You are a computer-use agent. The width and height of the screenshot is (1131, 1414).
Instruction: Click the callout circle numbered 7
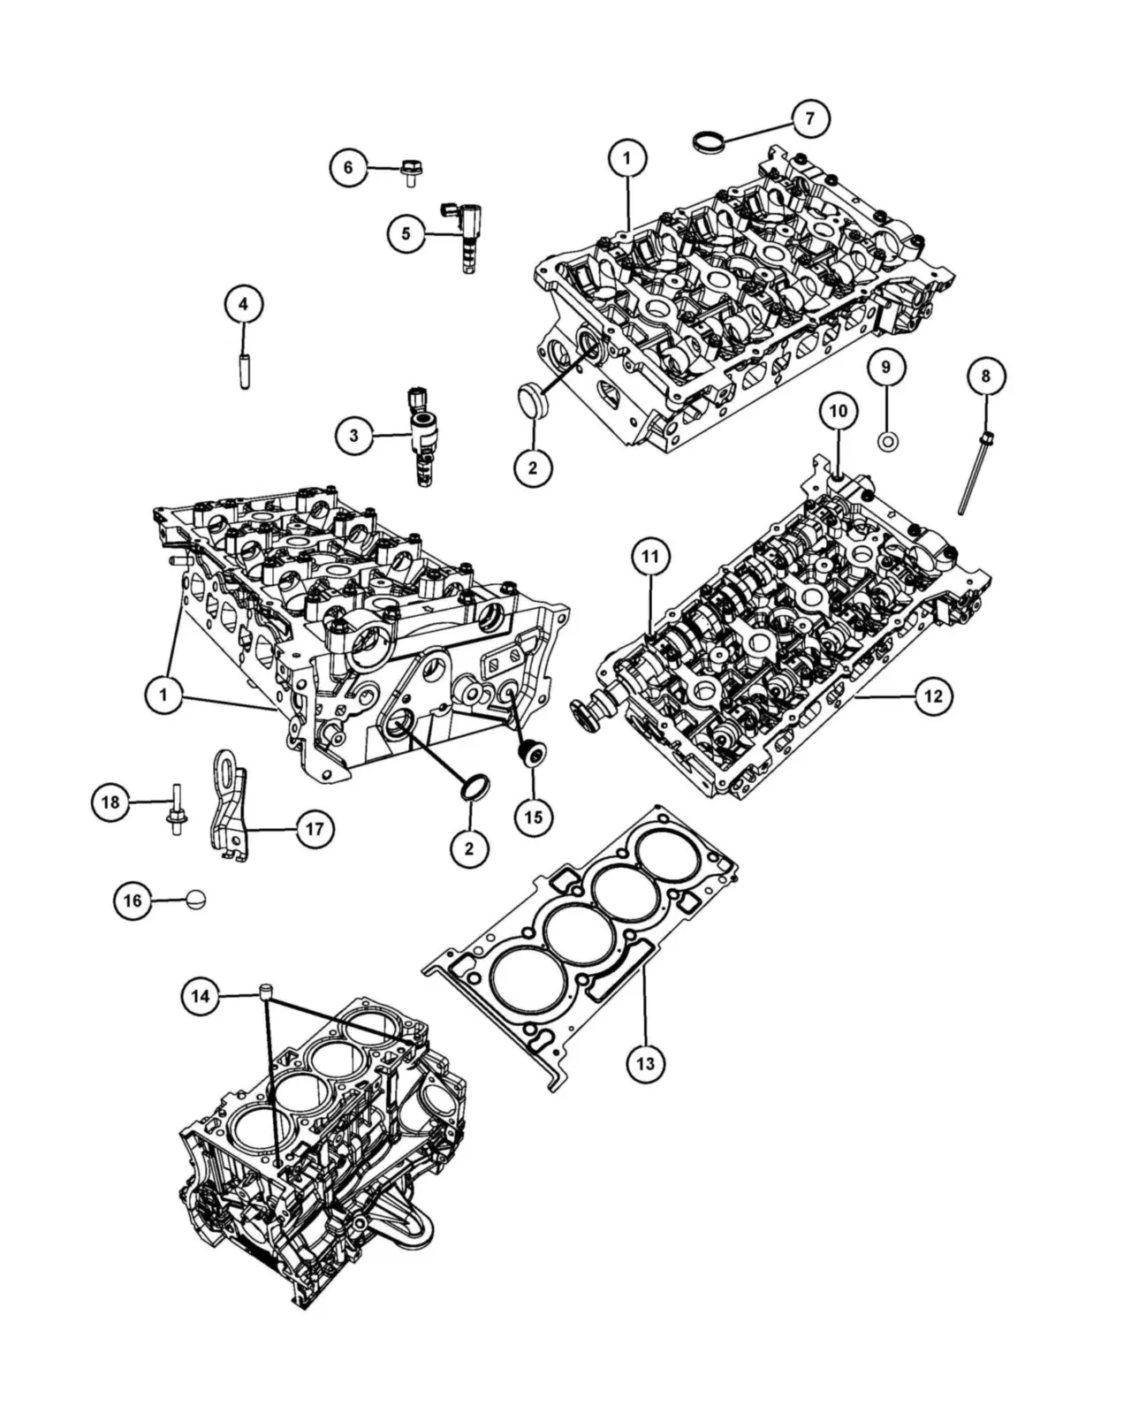(x=809, y=118)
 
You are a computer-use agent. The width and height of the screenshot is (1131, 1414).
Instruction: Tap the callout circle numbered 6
(x=348, y=168)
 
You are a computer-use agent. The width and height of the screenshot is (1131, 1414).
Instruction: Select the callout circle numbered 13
(x=645, y=1062)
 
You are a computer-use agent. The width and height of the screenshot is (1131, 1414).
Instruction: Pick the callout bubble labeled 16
(x=133, y=901)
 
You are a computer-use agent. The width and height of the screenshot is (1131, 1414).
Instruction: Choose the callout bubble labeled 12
(x=933, y=696)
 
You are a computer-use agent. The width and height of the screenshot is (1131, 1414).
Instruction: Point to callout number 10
(x=839, y=411)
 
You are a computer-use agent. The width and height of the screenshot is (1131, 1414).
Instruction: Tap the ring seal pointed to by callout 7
(x=709, y=140)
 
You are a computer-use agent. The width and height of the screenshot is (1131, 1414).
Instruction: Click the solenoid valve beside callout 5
(x=464, y=237)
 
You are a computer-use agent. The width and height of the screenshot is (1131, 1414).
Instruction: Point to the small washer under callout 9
(x=888, y=442)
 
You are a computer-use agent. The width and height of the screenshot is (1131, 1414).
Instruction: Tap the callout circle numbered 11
(x=650, y=557)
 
